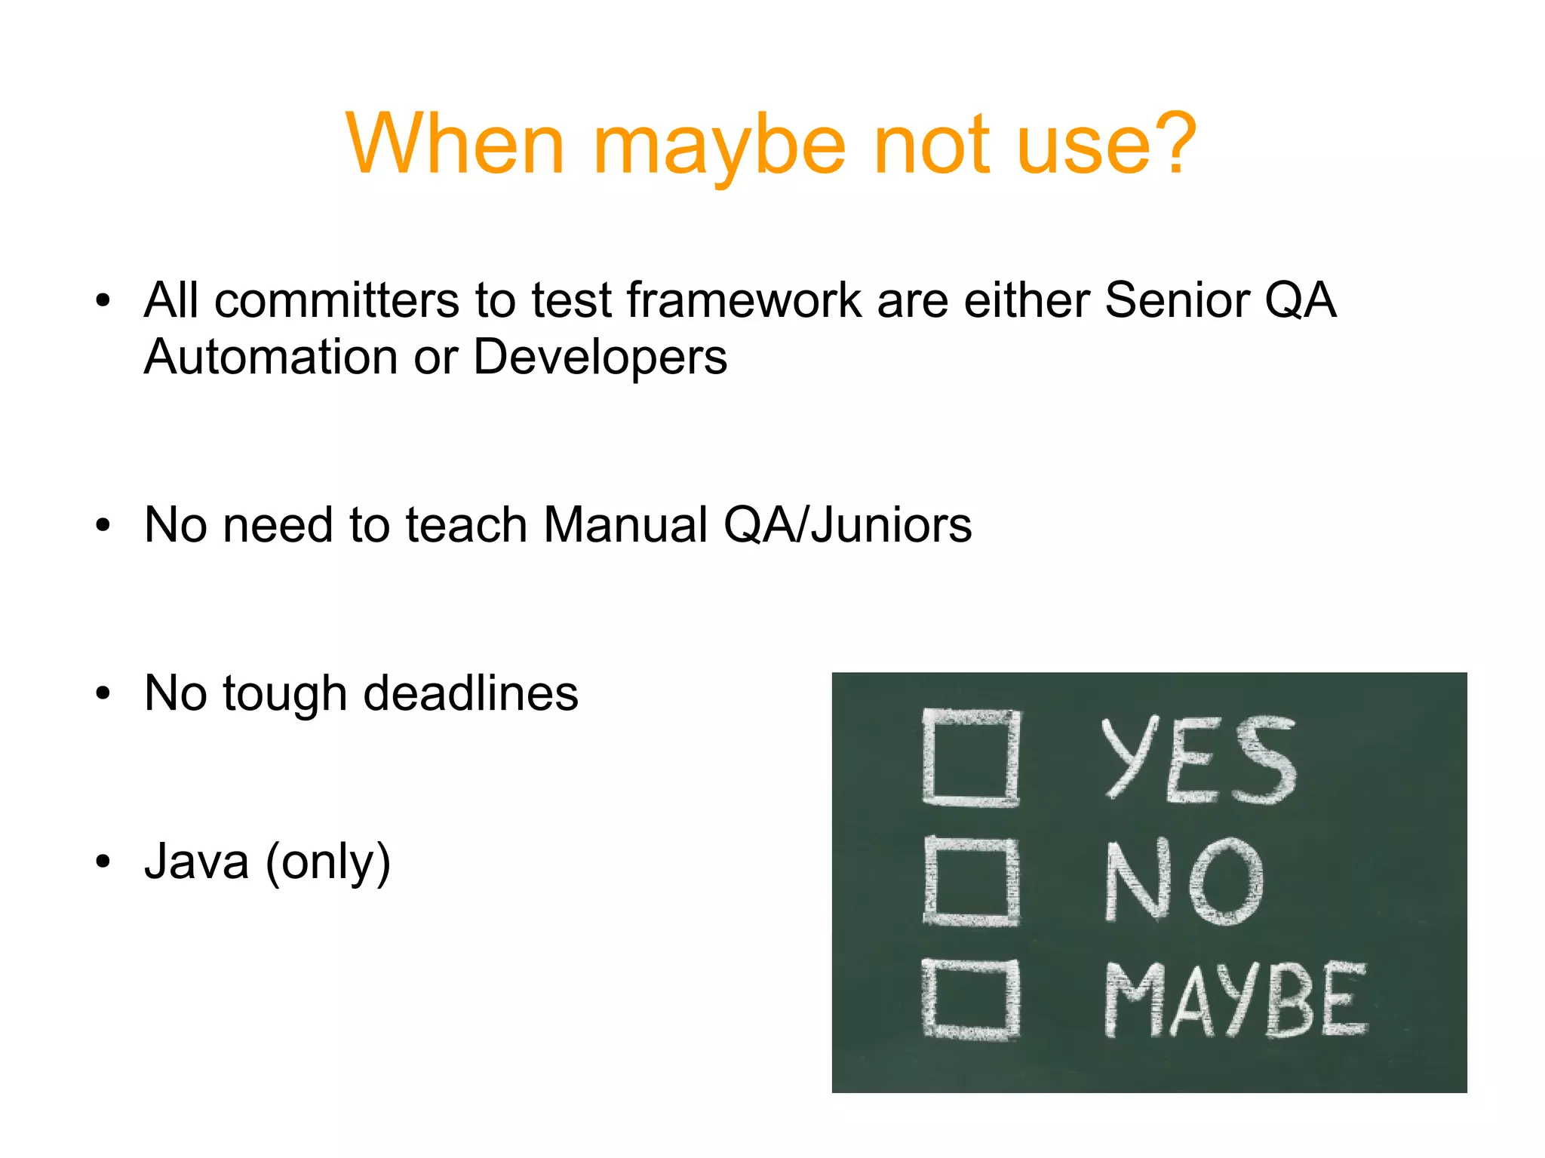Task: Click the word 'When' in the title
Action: click(x=455, y=143)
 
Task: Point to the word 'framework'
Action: click(x=744, y=300)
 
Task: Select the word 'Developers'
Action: click(x=600, y=358)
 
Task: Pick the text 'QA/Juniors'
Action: click(x=847, y=525)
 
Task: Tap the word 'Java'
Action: click(x=196, y=862)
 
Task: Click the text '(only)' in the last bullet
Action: click(x=328, y=863)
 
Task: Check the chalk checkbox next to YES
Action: click(x=971, y=757)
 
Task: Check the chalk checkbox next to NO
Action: click(x=971, y=881)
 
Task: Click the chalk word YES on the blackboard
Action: click(x=1198, y=759)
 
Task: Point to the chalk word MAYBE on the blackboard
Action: click(x=1234, y=999)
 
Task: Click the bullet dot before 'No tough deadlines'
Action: click(x=103, y=694)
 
